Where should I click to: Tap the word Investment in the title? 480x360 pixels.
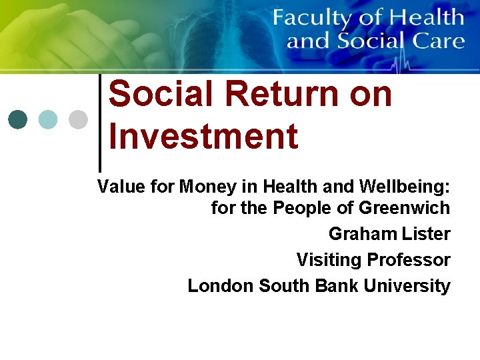click(x=203, y=136)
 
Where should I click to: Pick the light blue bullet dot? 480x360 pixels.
click(x=48, y=119)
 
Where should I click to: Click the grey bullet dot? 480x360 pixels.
click(x=78, y=119)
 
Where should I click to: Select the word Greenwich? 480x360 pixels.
click(x=405, y=208)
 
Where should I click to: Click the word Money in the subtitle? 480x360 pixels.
click(x=207, y=187)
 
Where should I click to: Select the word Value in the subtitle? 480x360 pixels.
click(x=120, y=187)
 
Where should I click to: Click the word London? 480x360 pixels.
click(x=221, y=286)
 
